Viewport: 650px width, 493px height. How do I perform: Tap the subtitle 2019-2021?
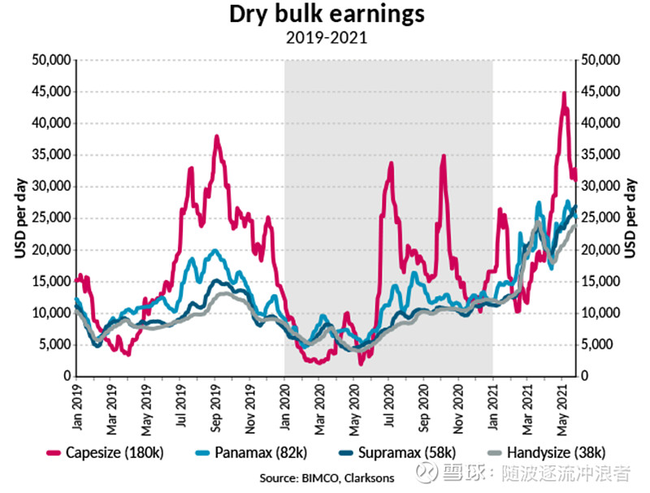pyautogui.click(x=324, y=37)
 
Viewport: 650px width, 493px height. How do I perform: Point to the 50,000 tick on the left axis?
pyautogui.click(x=50, y=60)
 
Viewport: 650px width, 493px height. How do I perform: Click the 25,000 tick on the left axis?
pyautogui.click(x=50, y=218)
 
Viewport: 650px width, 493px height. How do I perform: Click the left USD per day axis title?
pyautogui.click(x=18, y=218)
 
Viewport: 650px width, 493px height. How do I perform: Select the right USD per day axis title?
pyautogui.click(x=633, y=218)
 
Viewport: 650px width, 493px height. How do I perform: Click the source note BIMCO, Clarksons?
pyautogui.click(x=325, y=478)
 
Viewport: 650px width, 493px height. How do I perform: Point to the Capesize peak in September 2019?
pyautogui.click(x=217, y=136)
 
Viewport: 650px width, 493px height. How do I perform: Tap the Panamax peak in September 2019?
pyautogui.click(x=214, y=250)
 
